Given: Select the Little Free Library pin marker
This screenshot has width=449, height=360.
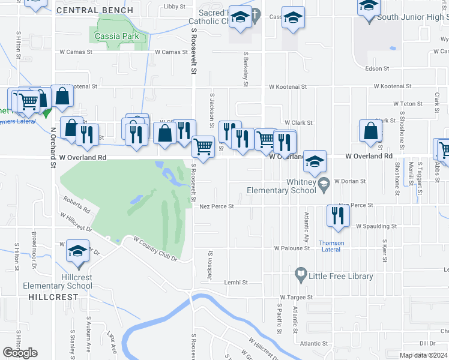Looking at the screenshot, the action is pyautogui.click(x=301, y=276).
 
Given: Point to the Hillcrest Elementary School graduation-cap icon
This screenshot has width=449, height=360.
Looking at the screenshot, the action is pyautogui.click(x=77, y=252).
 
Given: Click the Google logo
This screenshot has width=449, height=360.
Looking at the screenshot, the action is pyautogui.click(x=20, y=353).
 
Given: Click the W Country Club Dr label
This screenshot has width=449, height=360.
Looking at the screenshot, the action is pyautogui.click(x=155, y=249).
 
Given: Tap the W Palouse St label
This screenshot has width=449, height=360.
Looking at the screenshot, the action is pyautogui.click(x=292, y=248).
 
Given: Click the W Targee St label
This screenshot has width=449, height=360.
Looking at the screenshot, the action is pyautogui.click(x=296, y=297).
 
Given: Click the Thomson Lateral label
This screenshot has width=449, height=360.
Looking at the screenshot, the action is pyautogui.click(x=331, y=247).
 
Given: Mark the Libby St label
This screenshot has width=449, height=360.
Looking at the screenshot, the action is pyautogui.click(x=175, y=7).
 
